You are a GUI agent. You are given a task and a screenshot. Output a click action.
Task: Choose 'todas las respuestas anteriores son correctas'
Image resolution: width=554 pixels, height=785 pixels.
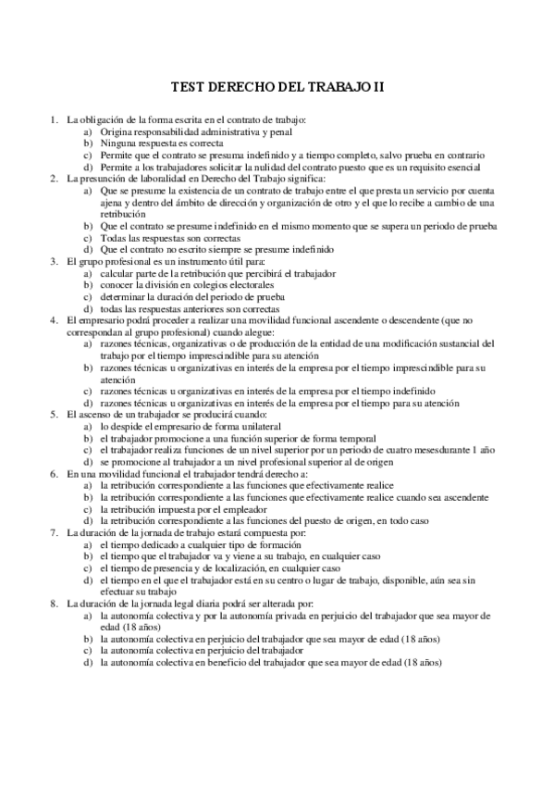click(191, 308)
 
